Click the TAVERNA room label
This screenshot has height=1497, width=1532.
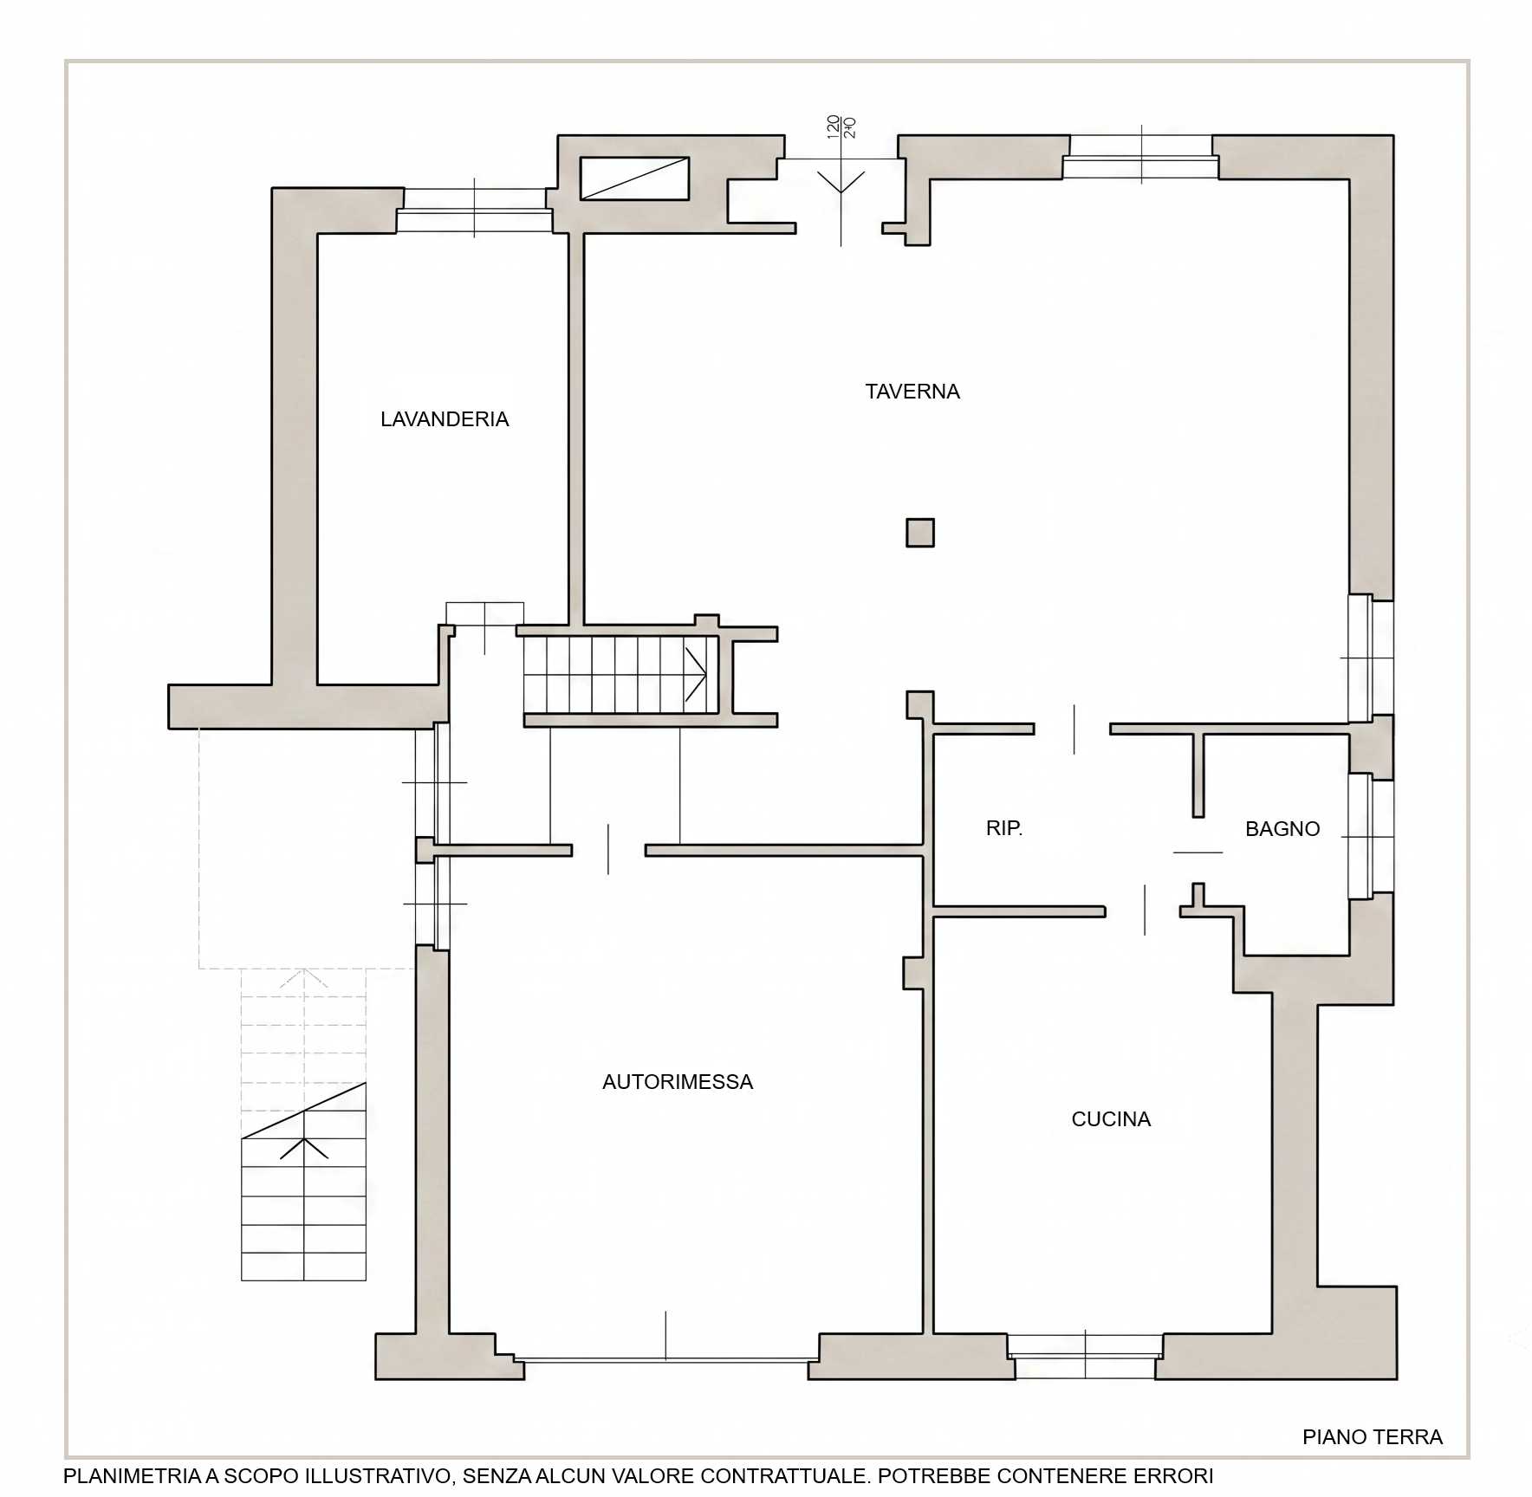912,392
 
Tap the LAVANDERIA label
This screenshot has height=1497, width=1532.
445,419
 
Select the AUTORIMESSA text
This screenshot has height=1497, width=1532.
678,1082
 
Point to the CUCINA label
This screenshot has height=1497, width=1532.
1111,1119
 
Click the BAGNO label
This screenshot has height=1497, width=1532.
1282,829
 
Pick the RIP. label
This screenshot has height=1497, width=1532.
1004,828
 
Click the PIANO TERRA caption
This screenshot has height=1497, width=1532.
1373,1437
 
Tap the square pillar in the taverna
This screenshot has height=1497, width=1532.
920,533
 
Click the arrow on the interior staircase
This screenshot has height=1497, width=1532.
696,674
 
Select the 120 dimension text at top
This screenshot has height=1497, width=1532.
834,126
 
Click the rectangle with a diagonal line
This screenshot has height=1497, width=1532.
634,178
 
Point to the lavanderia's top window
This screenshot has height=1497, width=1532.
475,210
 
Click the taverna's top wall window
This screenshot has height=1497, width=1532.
1140,157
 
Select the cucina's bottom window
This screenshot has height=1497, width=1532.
1085,1357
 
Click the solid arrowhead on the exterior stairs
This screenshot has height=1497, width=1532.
304,1149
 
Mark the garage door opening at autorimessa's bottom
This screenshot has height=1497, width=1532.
666,1360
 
